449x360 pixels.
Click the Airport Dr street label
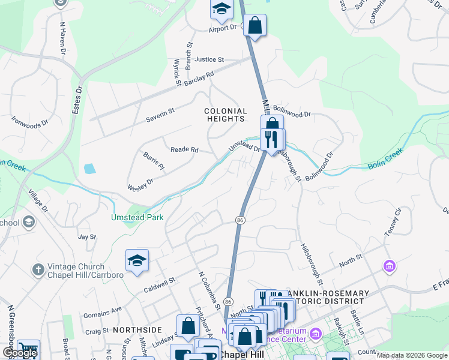click(x=223, y=28)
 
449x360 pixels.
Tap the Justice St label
click(x=209, y=60)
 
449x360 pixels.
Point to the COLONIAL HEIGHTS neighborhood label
click(x=226, y=115)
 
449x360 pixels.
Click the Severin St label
click(x=160, y=115)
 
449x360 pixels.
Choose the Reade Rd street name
click(x=184, y=149)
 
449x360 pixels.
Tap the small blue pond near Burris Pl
click(x=89, y=169)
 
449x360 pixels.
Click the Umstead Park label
click(x=137, y=217)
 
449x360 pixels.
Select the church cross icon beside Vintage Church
click(x=38, y=269)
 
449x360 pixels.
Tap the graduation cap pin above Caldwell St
click(x=137, y=261)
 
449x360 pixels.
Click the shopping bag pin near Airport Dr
click(x=255, y=26)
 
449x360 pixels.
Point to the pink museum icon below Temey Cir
click(x=389, y=265)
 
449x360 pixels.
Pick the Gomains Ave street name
click(x=103, y=311)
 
